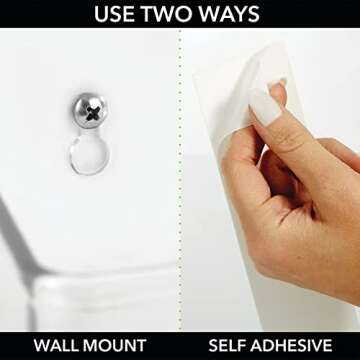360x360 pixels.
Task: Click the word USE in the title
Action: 114,14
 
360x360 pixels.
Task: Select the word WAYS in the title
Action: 228,14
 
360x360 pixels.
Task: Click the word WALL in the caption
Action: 55,345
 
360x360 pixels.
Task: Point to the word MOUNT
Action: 114,345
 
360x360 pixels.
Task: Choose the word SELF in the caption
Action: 228,345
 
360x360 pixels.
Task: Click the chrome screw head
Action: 90,111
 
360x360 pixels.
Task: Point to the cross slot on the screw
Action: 92,114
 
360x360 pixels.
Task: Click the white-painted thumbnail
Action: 264,107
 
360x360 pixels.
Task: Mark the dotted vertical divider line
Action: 180,180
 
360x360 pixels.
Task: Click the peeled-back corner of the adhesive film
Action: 267,62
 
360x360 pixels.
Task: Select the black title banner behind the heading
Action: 180,14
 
